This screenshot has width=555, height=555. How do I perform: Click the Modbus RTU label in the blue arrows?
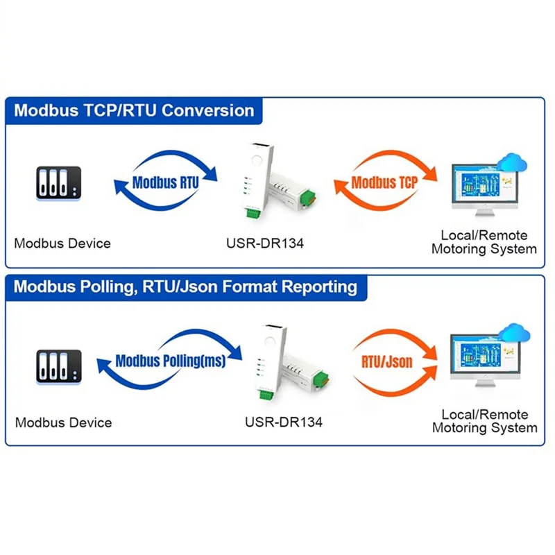click(x=165, y=183)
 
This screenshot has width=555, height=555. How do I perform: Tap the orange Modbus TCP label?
click(x=384, y=182)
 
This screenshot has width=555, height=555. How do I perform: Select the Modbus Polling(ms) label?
click(x=170, y=361)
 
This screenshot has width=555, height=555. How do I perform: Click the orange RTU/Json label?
click(x=386, y=361)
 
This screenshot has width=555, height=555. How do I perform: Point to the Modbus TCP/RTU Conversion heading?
click(x=135, y=110)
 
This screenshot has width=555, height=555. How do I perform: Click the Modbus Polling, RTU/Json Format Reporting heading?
click(x=186, y=286)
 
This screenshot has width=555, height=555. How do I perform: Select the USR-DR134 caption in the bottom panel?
click(x=284, y=422)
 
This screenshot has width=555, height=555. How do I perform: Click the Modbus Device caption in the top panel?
click(x=62, y=244)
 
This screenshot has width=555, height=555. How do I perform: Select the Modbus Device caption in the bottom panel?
click(x=63, y=422)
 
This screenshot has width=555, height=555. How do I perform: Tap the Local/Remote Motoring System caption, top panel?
click(x=484, y=243)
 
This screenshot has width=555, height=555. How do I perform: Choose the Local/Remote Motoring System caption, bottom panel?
click(x=484, y=421)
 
